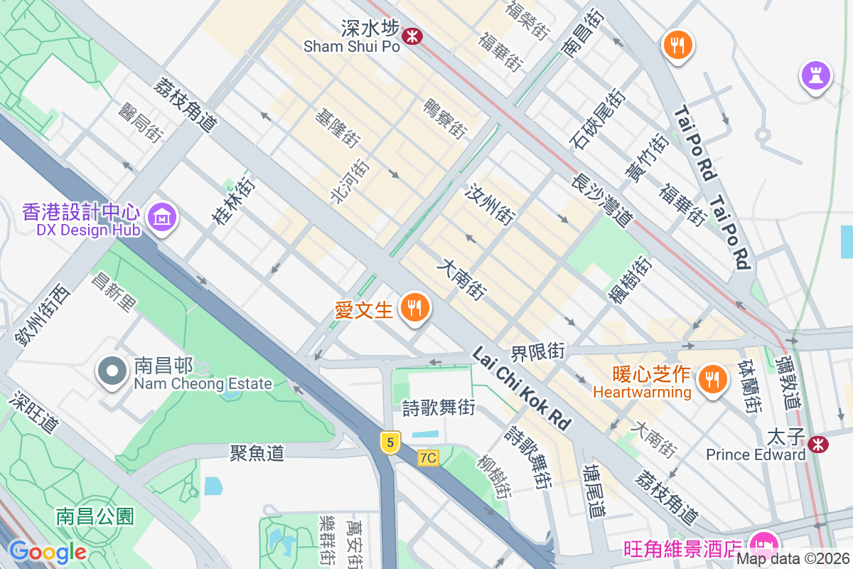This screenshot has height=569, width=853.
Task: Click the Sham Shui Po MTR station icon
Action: tap(411, 35)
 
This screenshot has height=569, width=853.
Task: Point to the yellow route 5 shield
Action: tap(388, 442)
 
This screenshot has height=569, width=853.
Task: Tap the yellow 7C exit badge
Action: tap(428, 458)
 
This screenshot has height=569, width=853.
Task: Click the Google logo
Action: tap(47, 552)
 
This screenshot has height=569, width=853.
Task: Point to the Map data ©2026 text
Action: tap(793, 558)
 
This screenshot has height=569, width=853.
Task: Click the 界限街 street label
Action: tap(538, 351)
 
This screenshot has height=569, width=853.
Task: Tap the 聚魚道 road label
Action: tap(257, 453)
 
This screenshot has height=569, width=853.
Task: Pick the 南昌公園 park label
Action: tap(95, 516)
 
